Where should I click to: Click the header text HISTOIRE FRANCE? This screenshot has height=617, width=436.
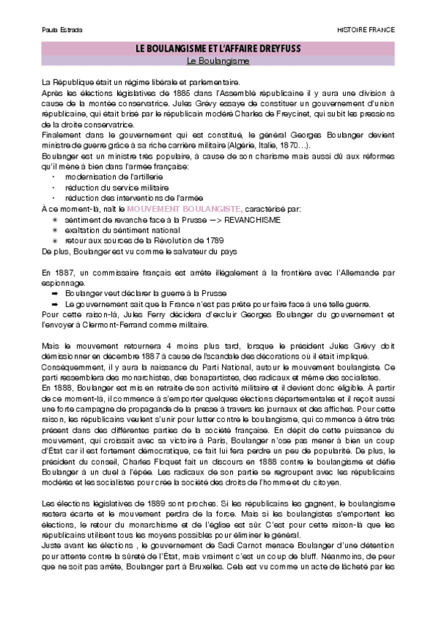click(x=366, y=30)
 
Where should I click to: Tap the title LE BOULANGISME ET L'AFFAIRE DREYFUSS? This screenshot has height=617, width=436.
click(x=218, y=48)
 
